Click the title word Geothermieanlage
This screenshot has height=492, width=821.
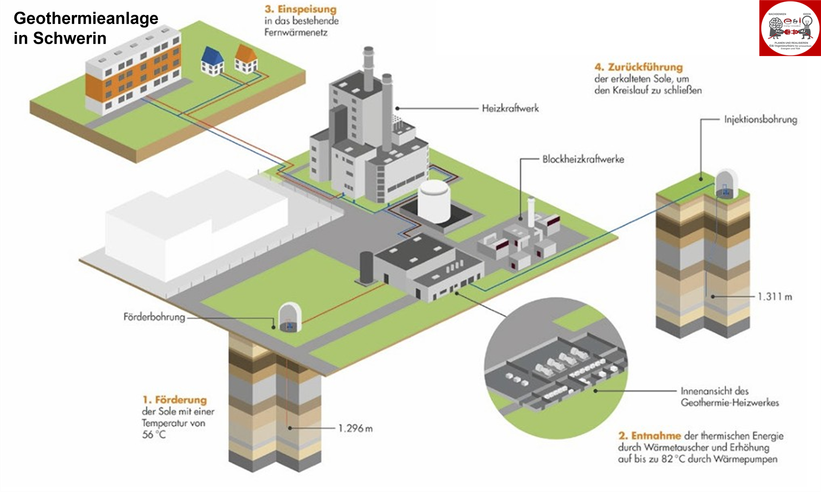[x=86, y=19]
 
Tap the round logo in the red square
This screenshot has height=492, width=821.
[x=790, y=28]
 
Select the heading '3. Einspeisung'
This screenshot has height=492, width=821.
[x=301, y=9]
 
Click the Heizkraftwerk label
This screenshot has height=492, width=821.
[x=510, y=109]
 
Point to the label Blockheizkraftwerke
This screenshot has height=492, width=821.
[x=583, y=159]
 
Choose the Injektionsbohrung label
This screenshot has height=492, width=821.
[x=760, y=120]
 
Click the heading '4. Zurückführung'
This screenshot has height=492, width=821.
[x=638, y=67]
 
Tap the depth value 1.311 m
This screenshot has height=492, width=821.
[x=774, y=296]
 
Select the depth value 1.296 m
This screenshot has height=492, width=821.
[x=355, y=428]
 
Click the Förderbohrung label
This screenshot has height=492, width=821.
[x=154, y=317]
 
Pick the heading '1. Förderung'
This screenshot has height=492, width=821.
[x=174, y=400]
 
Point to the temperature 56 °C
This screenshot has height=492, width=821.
[x=154, y=435]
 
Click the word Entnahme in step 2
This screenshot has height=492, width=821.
[x=656, y=436]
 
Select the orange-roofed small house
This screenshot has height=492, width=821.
[x=246, y=59]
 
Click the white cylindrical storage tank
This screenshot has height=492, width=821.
[x=434, y=200]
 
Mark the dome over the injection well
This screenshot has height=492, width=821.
[x=726, y=183]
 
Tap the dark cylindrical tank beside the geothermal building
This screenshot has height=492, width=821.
[x=366, y=267]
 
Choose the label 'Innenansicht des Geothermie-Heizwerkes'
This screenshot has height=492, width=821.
[x=729, y=397]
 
